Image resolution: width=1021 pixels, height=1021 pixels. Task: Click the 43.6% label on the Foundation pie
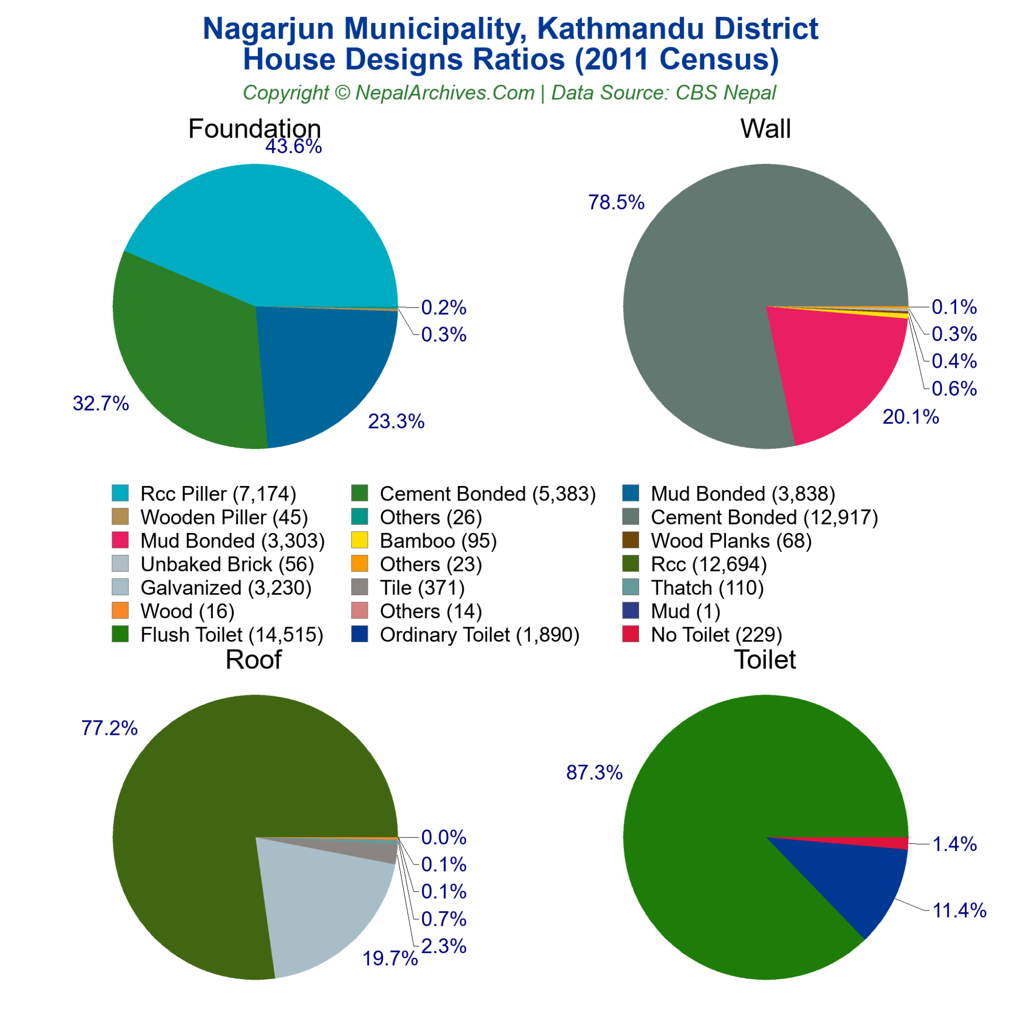pyautogui.click(x=293, y=147)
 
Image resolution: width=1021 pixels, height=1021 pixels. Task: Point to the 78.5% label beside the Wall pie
pyautogui.click(x=616, y=202)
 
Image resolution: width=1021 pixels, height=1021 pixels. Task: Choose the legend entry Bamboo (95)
pyautogui.click(x=438, y=540)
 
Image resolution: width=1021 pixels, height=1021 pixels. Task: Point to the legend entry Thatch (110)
pyautogui.click(x=707, y=588)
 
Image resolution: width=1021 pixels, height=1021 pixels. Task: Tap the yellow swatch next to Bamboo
pyautogui.click(x=359, y=540)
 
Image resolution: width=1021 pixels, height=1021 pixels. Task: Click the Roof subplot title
pyautogui.click(x=254, y=660)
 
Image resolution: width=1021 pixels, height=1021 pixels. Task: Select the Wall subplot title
pyautogui.click(x=765, y=129)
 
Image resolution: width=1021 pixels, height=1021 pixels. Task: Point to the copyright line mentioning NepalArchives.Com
pyautogui.click(x=510, y=93)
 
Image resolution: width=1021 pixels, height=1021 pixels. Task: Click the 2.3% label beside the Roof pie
pyautogui.click(x=444, y=946)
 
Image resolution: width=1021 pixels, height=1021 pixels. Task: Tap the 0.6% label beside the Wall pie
pyautogui.click(x=954, y=389)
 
